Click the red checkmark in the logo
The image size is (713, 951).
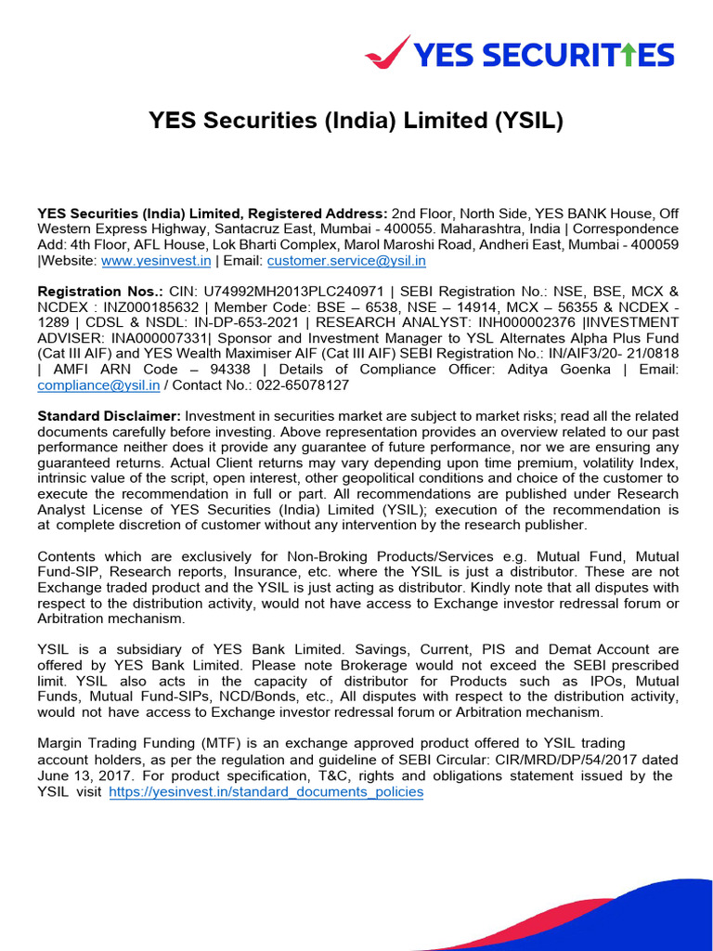[x=387, y=51]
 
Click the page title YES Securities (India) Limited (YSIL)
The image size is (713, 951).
[x=356, y=121]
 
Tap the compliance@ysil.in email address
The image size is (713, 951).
[x=97, y=384]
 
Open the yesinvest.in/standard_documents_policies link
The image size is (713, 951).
[x=266, y=792]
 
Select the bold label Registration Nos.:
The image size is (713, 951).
[x=100, y=291]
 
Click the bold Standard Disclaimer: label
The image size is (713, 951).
[x=109, y=415]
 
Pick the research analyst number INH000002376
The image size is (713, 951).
[x=526, y=322]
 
